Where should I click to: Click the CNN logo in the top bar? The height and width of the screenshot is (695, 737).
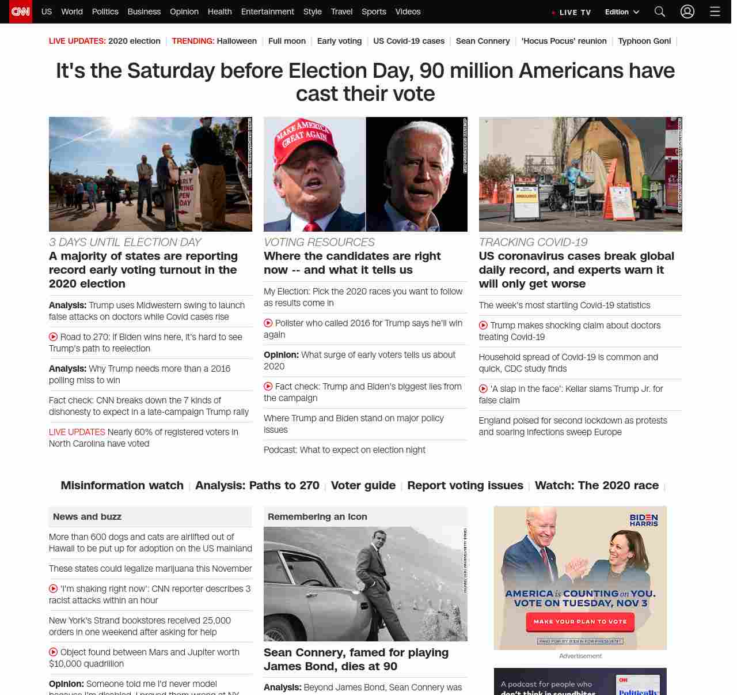(x=21, y=12)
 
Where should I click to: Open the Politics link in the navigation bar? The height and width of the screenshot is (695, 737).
(x=105, y=12)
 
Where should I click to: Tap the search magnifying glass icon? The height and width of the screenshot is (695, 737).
(x=660, y=12)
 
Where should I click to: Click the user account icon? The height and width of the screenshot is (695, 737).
(x=687, y=12)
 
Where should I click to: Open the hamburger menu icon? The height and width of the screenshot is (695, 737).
(x=715, y=12)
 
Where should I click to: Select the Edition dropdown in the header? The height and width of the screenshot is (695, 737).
(x=622, y=12)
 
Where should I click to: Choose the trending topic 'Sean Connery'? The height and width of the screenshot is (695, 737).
(x=483, y=41)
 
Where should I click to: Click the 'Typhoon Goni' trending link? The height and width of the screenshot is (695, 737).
(x=644, y=41)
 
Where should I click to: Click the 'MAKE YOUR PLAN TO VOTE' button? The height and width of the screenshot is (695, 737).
(x=580, y=622)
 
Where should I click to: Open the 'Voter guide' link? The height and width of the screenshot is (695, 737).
(x=363, y=485)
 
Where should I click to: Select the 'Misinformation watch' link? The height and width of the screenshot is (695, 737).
(x=122, y=485)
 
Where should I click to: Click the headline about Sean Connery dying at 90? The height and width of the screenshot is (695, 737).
(x=356, y=659)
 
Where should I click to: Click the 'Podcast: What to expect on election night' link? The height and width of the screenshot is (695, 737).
(x=344, y=450)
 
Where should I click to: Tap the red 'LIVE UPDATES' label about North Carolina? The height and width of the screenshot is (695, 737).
(x=77, y=432)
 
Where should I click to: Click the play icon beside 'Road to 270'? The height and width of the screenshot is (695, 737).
(x=54, y=337)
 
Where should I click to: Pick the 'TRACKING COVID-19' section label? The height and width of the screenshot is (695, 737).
(x=533, y=242)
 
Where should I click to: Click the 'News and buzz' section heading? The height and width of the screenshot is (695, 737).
(x=87, y=517)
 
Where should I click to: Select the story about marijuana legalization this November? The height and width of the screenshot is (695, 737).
(x=150, y=569)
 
